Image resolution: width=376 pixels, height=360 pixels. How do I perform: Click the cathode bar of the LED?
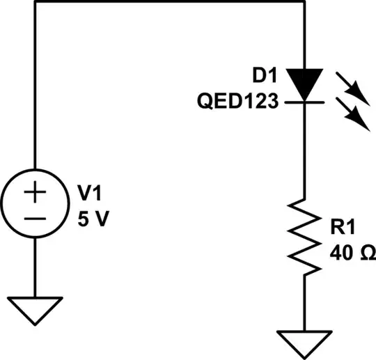point(304,102)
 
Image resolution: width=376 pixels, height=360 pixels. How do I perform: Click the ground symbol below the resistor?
point(304,340)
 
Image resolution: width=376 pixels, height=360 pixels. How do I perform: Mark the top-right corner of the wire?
point(304,2)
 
